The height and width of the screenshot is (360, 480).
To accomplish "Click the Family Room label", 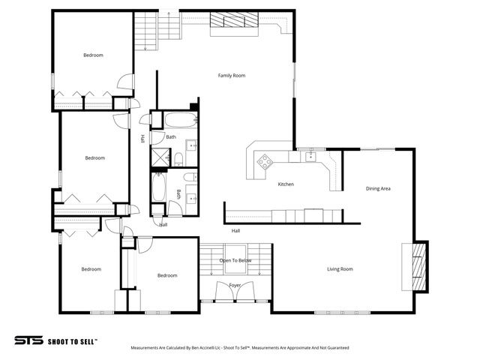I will (x=232, y=76).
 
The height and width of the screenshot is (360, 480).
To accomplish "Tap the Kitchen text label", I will (x=286, y=184).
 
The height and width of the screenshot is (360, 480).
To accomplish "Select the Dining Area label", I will (x=378, y=188).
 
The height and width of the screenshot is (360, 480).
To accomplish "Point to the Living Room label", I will (x=340, y=269).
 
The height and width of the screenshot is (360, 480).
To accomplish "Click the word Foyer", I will (x=235, y=286).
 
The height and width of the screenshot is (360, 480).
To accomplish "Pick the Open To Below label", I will (x=235, y=260).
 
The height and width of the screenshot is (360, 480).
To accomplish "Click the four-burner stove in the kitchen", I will (x=265, y=160).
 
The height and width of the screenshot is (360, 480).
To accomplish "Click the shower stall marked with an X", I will (x=160, y=157).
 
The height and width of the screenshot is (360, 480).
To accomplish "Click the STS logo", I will (x=28, y=339).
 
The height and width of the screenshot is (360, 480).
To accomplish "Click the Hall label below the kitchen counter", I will (x=235, y=230).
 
